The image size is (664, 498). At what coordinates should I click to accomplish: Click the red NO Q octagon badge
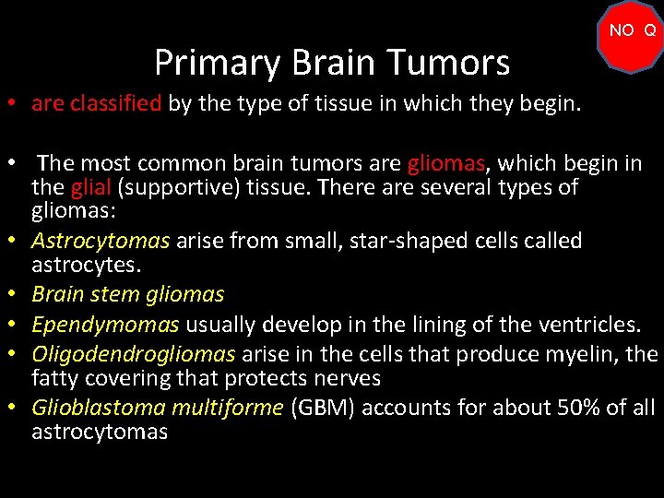[x=632, y=36]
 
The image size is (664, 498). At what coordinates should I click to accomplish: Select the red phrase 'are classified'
[x=96, y=103]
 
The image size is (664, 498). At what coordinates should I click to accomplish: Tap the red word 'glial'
[x=92, y=188]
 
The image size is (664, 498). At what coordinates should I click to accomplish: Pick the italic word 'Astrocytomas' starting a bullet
[x=101, y=242]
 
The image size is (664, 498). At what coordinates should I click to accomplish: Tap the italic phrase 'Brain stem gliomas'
[x=127, y=294]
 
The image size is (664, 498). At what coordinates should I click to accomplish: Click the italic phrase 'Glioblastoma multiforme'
[x=157, y=409]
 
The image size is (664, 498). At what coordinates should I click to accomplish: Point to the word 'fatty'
[x=56, y=378]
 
